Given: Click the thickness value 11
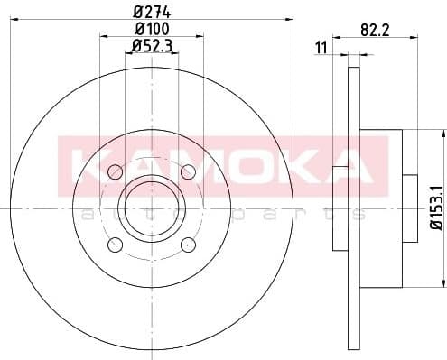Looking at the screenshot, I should click(321, 47).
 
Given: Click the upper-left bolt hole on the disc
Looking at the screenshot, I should click(115, 171).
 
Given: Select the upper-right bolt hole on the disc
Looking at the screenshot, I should click(188, 171).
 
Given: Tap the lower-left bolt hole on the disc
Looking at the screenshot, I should click(115, 245).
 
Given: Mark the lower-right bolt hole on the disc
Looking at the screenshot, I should click(188, 245).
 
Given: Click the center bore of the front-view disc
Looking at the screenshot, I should click(151, 208).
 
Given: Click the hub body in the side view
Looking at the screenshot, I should click(379, 208).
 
